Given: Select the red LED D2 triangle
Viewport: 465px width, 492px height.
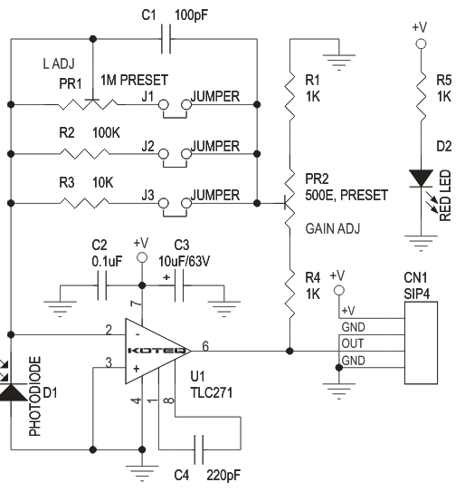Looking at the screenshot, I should point(419,178).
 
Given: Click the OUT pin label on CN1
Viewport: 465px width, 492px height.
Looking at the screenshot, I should point(353,343).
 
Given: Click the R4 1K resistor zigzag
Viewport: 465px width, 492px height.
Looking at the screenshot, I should point(289,288).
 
